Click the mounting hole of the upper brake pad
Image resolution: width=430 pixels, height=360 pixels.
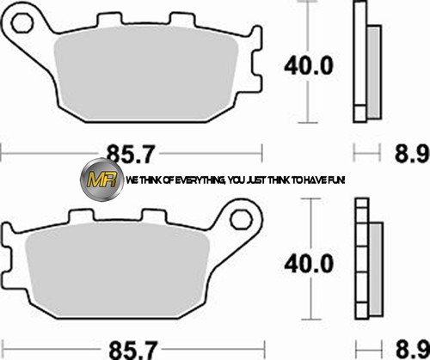(22, 22)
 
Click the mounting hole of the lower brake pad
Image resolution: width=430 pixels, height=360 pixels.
(242, 219)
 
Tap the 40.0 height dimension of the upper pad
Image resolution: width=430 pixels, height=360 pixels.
(309, 65)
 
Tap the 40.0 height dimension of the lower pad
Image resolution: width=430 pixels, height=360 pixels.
(309, 264)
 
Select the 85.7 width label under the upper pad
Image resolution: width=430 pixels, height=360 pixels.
(131, 154)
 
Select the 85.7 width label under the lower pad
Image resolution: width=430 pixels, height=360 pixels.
(133, 350)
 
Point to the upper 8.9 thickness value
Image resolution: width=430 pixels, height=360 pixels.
(412, 154)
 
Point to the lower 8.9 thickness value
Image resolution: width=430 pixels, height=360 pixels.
(413, 350)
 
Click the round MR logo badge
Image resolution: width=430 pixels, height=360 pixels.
(101, 180)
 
